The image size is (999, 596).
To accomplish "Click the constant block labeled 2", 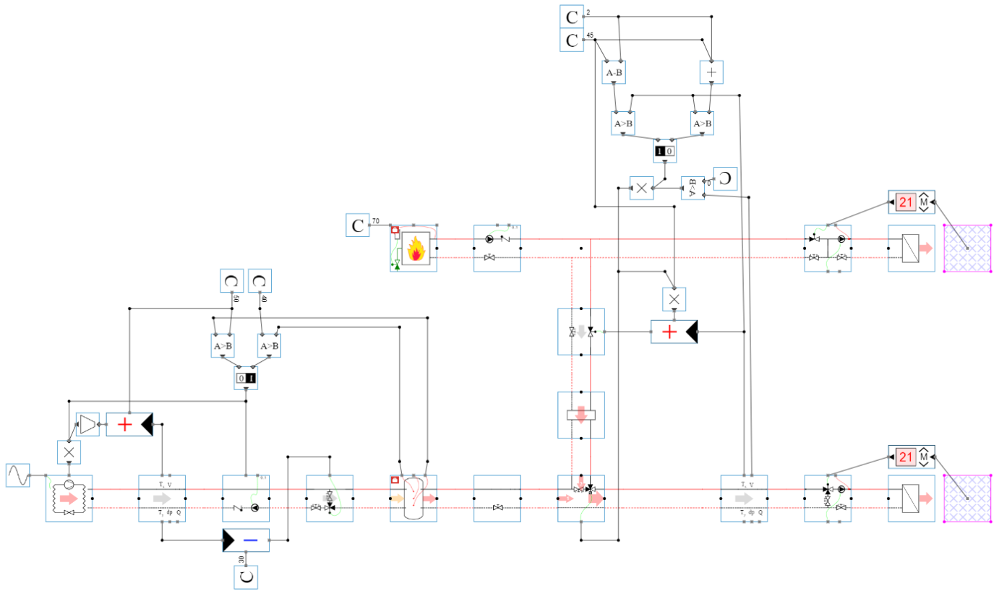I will point(572,16).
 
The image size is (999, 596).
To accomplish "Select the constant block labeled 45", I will point(572,40).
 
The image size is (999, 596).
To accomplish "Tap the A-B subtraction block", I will point(614,72).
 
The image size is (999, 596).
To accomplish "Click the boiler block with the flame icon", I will point(413,248).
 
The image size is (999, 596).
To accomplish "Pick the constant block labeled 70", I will point(357,225).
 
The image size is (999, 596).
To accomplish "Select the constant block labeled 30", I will point(246,577).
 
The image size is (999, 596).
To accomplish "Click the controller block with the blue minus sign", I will point(246,540).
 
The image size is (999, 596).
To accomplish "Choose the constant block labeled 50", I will point(232,280).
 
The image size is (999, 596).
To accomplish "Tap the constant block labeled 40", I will point(260,280).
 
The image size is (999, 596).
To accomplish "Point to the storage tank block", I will point(413,498).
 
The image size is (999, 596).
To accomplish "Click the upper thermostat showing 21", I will point(911,202).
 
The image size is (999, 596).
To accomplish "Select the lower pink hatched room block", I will point(967,498).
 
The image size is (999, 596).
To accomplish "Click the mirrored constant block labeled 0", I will point(725,178).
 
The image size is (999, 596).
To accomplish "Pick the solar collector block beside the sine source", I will point(69,498).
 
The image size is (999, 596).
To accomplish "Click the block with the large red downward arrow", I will point(580,415).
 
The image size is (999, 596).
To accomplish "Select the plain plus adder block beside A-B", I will point(711,72).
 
